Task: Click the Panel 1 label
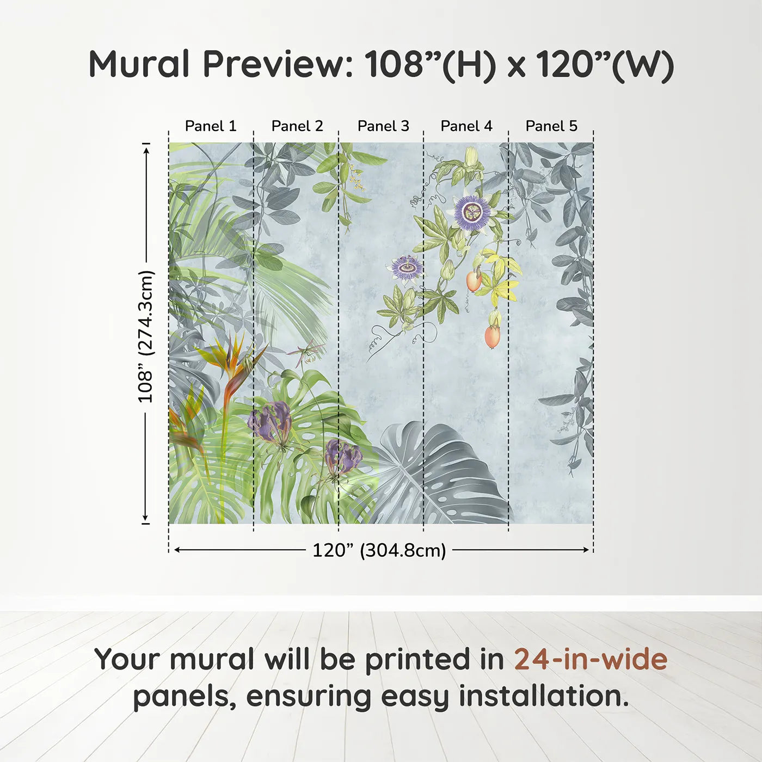coord(211,126)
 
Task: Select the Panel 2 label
coord(297,126)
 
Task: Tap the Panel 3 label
coord(383,126)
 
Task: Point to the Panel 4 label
coord(466,126)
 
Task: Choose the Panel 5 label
coord(551,126)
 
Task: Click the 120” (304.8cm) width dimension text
coord(379,550)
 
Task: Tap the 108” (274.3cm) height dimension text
coord(146,336)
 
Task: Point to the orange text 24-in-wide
coord(591,660)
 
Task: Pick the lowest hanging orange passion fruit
coord(492,336)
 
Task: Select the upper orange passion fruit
coord(474,281)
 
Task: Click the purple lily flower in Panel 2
coord(269,421)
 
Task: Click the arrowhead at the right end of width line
coord(586,550)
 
